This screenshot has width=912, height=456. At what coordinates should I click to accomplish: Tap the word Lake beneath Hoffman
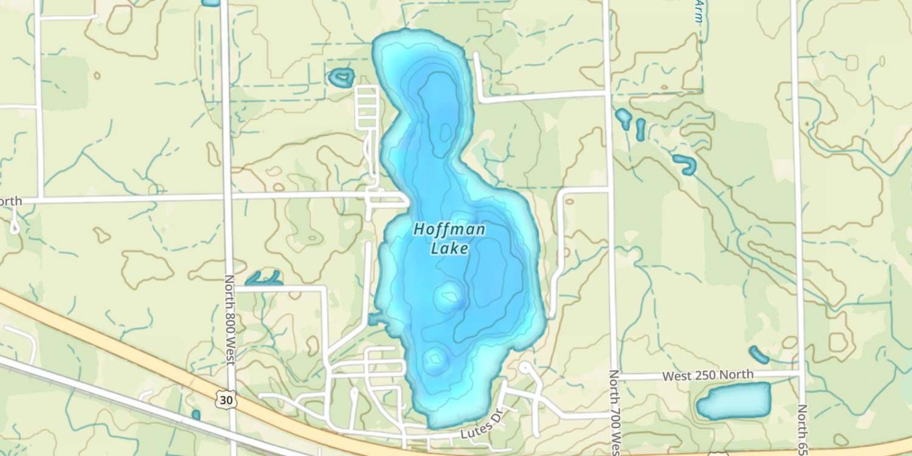449,248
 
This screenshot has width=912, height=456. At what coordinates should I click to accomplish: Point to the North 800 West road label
229,320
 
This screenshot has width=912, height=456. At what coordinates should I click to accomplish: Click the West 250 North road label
708,375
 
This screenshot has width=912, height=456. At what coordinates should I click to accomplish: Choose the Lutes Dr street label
478,431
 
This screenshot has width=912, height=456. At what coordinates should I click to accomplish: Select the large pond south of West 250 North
733,401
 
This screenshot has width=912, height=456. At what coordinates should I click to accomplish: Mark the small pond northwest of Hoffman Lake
341,77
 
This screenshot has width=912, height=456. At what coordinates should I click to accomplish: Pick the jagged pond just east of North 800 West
264,279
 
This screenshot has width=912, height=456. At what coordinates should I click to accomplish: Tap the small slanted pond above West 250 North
759,354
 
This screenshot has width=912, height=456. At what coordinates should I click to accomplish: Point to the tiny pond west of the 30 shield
196,415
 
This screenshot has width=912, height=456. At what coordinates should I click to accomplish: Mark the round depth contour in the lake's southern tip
435,360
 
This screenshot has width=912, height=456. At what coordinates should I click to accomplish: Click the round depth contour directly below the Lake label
450,296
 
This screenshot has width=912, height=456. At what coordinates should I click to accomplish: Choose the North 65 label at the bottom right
803,429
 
